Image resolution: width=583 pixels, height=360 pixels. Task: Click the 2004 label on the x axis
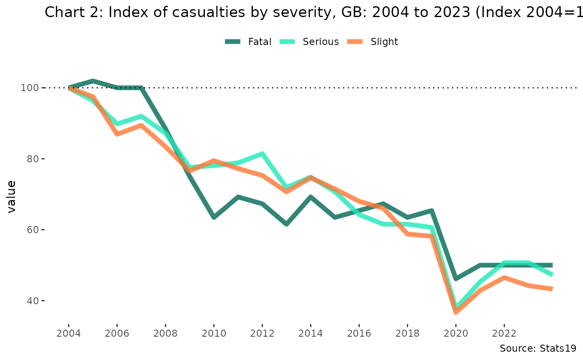(68, 333)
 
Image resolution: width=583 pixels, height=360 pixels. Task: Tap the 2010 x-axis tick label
(214, 333)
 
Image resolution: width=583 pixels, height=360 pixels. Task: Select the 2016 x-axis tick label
(359, 333)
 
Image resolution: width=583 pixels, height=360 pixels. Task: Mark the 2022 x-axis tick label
(504, 333)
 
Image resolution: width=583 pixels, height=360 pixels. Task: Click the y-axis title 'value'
(11, 196)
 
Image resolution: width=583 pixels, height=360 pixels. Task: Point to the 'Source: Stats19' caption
(538, 348)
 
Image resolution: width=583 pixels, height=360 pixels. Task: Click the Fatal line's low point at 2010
(214, 217)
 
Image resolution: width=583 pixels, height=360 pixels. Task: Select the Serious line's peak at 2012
(262, 154)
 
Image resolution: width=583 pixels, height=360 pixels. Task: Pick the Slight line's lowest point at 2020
(456, 312)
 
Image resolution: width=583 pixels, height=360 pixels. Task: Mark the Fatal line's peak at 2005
(92, 81)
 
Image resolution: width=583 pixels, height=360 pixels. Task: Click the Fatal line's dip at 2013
(287, 224)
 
